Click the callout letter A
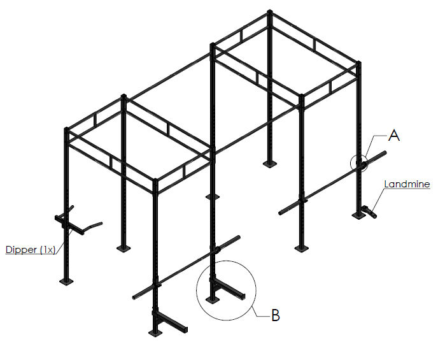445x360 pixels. [394, 136]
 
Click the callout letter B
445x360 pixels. [276, 315]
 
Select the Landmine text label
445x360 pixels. [407, 184]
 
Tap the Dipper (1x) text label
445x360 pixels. [31, 250]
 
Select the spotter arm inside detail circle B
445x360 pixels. [228, 289]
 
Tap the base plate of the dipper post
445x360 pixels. [66, 282]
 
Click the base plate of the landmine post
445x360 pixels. [359, 215]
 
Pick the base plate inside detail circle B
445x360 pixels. [212, 299]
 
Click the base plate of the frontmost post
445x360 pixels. [155, 333]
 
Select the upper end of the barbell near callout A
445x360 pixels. [385, 152]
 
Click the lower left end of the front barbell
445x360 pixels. [134, 298]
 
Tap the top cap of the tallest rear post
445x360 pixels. [270, 11]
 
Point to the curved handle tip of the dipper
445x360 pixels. [101, 224]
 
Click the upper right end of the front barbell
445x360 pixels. [238, 237]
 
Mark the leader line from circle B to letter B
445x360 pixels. [259, 312]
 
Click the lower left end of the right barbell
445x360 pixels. [280, 213]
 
